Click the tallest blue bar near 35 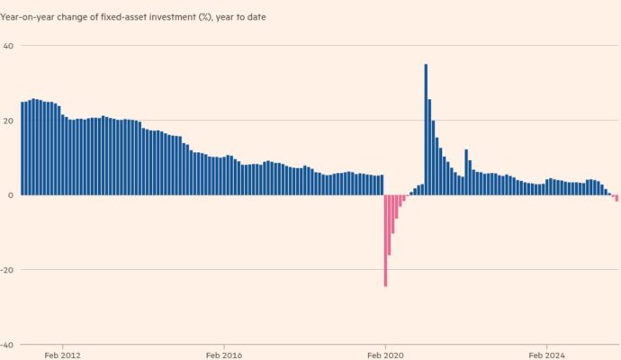coord(426,130)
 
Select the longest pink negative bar coord(385,240)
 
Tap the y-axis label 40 coord(7,46)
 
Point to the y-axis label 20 coord(7,121)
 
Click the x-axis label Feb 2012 coord(62,355)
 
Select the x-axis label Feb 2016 coord(223,355)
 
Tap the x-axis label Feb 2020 coord(385,355)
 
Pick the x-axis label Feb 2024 coord(546,355)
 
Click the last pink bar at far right coord(616,198)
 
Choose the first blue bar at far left coord(22,148)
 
